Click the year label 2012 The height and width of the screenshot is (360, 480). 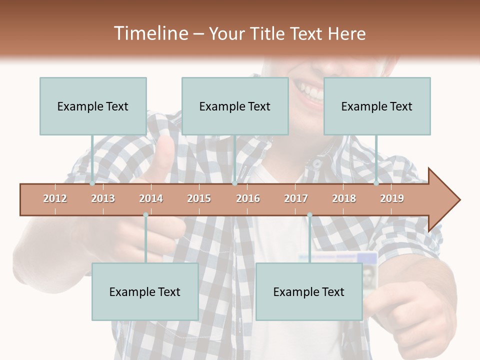point(55,198)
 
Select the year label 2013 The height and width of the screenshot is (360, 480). point(103,198)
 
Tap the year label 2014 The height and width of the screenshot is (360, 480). point(151,198)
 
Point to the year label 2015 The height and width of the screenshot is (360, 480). point(199,198)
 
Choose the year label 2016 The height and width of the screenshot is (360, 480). point(248,198)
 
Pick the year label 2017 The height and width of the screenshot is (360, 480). point(296,198)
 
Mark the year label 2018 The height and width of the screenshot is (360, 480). point(344,198)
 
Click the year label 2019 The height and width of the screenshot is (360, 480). point(392,198)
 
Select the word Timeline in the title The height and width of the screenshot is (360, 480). point(150,33)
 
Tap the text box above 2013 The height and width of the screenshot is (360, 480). point(93,106)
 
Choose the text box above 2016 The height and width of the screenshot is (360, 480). point(235,106)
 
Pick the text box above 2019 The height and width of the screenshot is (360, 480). point(377,106)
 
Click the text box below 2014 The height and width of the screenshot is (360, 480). point(145,291)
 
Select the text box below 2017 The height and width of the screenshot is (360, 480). point(309,291)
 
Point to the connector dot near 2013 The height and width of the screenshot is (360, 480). point(92,183)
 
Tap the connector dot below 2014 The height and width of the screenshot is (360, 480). point(145,215)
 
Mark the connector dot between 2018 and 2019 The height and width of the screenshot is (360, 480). point(376,183)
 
